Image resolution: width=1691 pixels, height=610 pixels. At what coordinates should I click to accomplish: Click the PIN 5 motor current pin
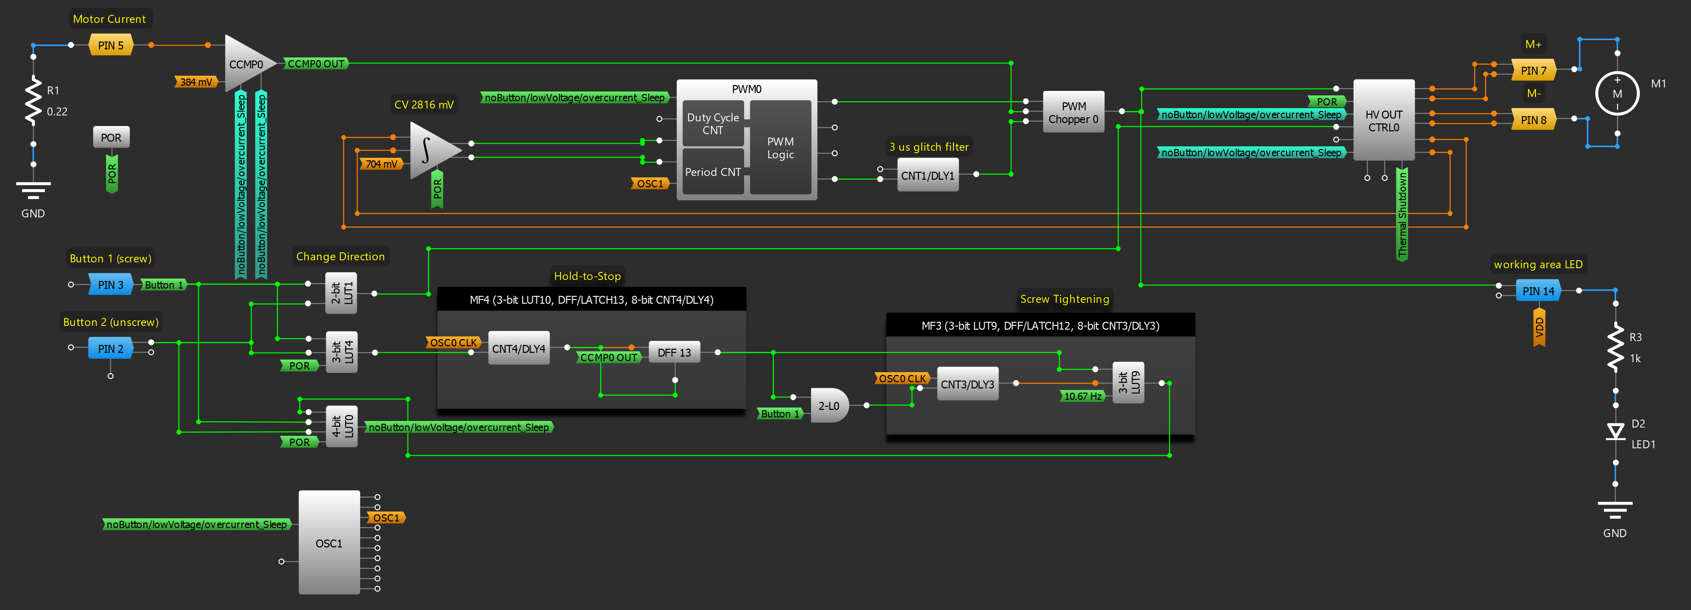(x=110, y=45)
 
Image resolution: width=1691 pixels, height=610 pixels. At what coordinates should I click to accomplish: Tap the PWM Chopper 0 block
(x=1073, y=112)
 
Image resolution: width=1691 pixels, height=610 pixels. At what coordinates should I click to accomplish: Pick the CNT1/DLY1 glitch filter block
(x=927, y=175)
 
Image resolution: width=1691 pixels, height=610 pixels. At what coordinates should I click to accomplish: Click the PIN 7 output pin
(x=1533, y=70)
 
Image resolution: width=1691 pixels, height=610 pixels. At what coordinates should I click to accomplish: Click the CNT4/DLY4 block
(x=519, y=349)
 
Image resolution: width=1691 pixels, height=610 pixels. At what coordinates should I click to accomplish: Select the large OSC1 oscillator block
(x=329, y=543)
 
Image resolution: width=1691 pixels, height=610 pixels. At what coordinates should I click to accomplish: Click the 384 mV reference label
(x=196, y=82)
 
